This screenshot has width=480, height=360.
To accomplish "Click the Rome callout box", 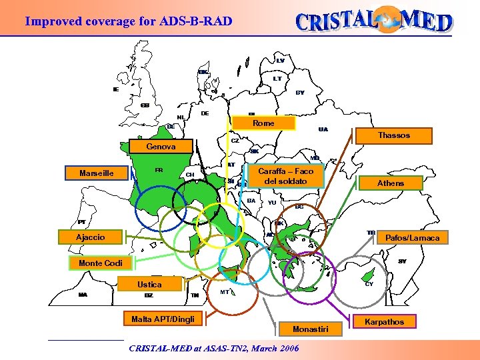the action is (x=262, y=123).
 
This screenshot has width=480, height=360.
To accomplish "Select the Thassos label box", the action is (x=393, y=135).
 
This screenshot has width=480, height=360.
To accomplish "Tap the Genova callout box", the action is (x=161, y=147).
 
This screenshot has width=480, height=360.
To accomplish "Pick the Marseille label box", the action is (x=96, y=173).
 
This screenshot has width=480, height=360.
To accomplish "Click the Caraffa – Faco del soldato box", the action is (x=285, y=177).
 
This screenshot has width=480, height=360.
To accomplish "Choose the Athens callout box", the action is (x=390, y=183).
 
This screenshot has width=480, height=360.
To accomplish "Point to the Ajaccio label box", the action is (x=90, y=237).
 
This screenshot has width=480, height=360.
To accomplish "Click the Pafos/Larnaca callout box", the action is (x=412, y=237).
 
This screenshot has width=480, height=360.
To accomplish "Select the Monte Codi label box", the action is (x=100, y=263).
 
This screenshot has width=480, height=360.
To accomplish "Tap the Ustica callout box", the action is (x=149, y=285).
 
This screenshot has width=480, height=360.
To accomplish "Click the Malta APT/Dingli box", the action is (x=163, y=319).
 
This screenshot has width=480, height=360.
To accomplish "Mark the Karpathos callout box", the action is (x=385, y=322).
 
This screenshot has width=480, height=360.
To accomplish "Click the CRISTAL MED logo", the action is (x=374, y=21).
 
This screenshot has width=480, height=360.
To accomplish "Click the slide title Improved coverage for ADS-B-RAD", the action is (x=129, y=21).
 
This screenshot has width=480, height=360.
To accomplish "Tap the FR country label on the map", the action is (x=159, y=170).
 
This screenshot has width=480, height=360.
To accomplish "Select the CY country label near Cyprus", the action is (x=369, y=283).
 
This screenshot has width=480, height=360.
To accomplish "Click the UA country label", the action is (x=323, y=129).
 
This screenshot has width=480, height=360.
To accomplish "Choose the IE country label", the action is (x=116, y=89).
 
